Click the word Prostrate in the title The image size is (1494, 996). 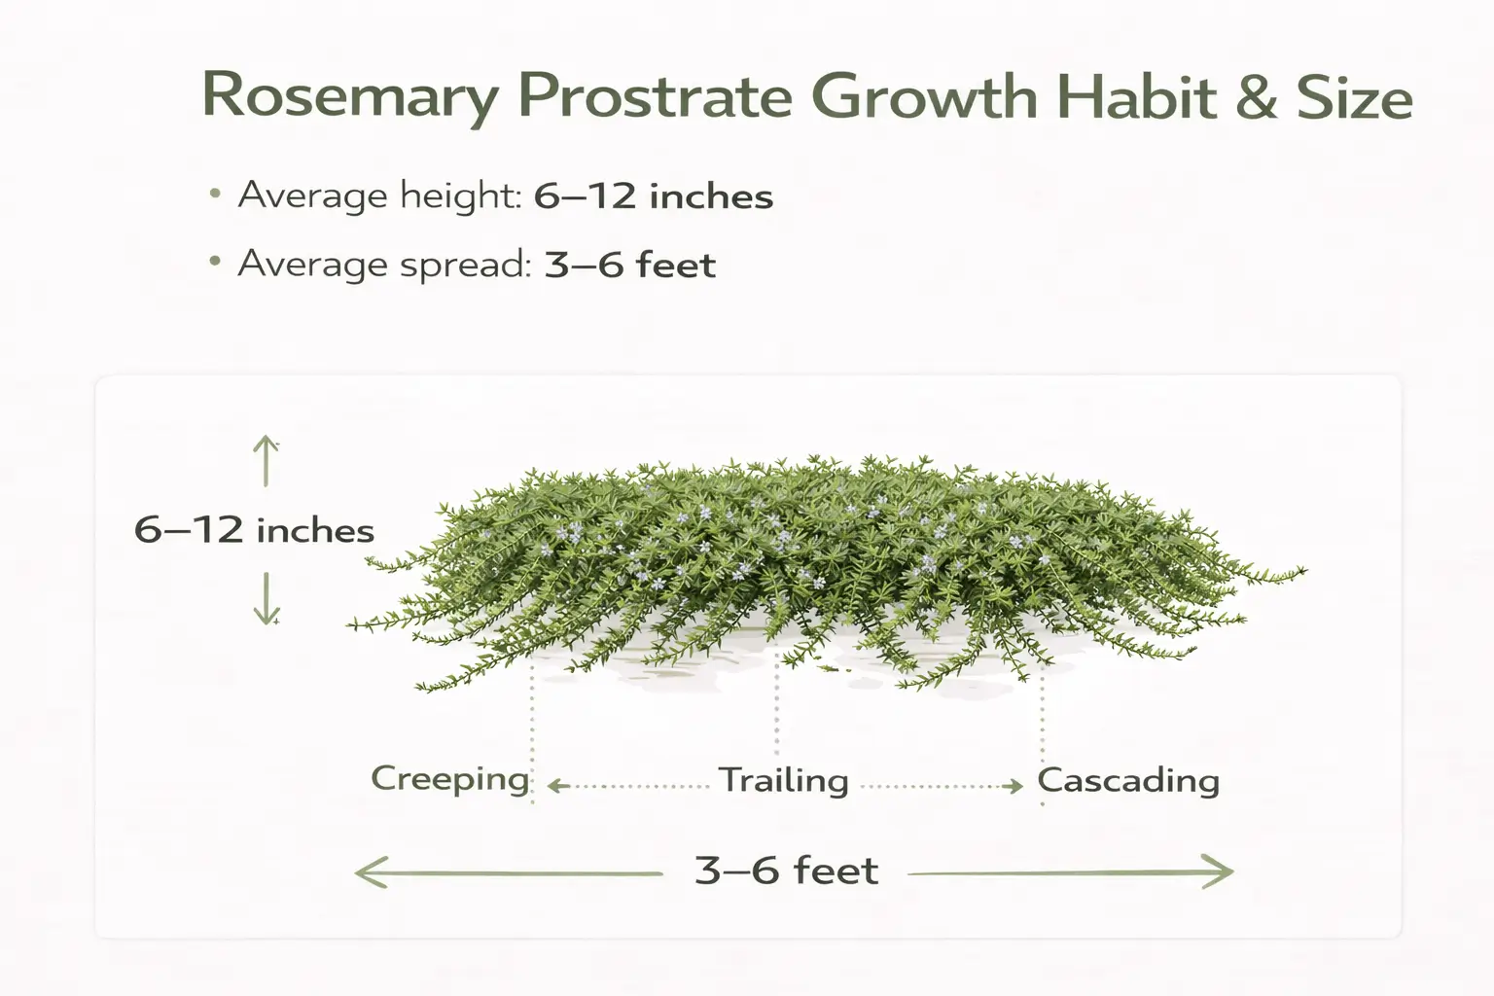pos(655,97)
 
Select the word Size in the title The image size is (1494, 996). pos(1354,97)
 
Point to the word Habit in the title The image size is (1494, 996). pos(1135,97)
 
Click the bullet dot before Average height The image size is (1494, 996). pos(215,195)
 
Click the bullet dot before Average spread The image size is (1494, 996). pos(215,263)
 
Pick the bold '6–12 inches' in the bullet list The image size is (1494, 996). pos(654,196)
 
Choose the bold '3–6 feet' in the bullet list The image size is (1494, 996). pos(629,265)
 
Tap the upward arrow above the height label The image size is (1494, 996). pos(266,460)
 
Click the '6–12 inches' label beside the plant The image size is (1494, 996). pos(254,530)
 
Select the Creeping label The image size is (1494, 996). pos(449,779)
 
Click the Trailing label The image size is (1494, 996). pos(784,780)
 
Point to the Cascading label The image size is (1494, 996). pos(1128,780)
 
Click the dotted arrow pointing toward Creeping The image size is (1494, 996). pos(627,786)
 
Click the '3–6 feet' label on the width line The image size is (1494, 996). pos(786,871)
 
